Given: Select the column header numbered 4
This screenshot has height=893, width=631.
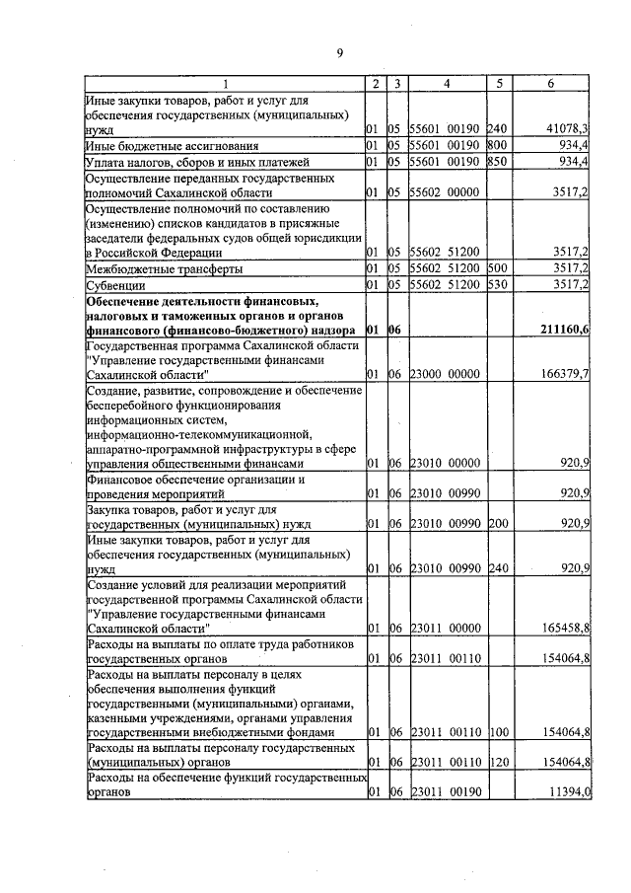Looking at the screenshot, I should (446, 84).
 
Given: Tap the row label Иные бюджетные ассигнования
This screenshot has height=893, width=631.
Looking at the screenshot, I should (173, 146).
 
